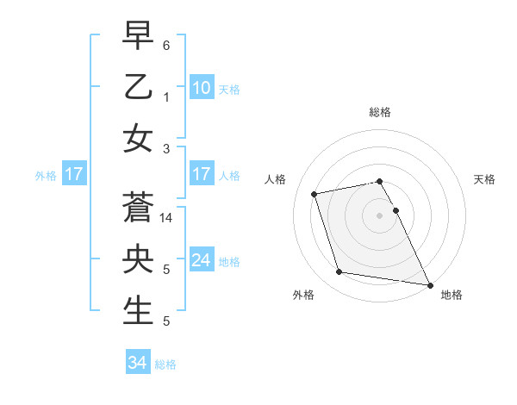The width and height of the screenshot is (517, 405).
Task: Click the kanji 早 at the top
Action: [138, 37]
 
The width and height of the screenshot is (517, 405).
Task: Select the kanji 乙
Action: [138, 87]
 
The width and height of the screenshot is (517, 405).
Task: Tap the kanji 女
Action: [138, 138]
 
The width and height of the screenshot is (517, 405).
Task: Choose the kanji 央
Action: [138, 259]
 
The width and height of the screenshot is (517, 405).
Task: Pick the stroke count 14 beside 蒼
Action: [167, 219]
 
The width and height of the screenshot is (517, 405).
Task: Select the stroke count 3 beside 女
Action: [165, 148]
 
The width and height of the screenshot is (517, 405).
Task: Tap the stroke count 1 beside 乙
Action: [165, 97]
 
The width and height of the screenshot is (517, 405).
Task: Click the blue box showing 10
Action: [201, 88]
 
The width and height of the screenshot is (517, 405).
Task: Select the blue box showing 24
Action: [201, 260]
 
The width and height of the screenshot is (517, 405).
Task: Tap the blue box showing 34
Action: [137, 363]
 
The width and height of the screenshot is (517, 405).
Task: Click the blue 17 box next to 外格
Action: [73, 174]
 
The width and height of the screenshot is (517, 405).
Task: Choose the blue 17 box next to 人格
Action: [201, 174]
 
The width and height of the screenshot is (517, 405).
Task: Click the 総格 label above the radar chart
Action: [379, 112]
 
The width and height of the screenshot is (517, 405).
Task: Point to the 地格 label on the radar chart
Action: [452, 295]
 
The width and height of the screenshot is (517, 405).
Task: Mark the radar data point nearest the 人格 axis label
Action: [315, 193]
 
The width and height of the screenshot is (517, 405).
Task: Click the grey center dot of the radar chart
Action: [379, 215]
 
